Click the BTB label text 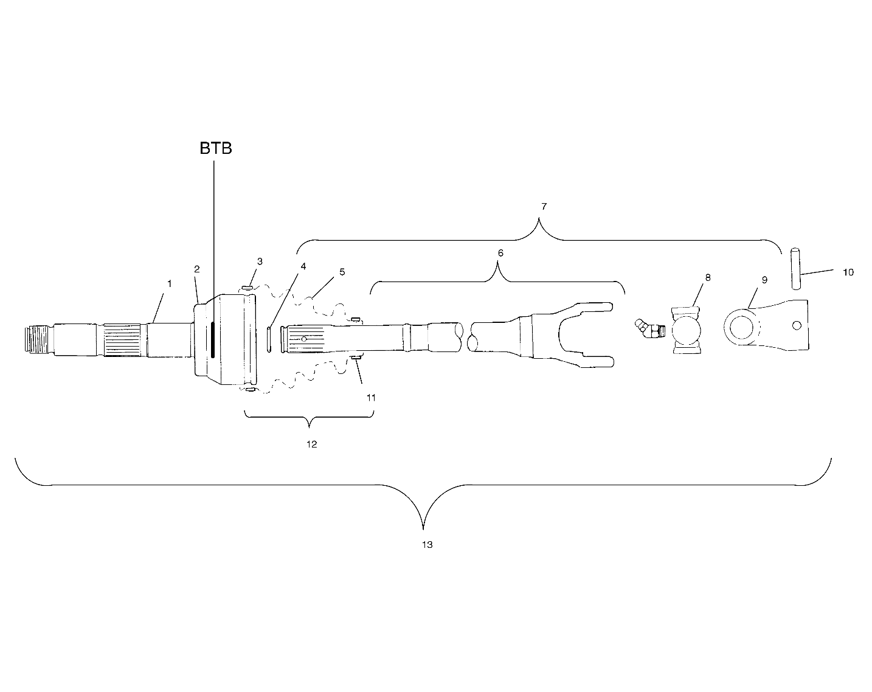pos(216,149)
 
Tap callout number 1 pos(170,284)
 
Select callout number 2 pos(197,269)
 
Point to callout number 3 pos(260,261)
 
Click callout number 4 pos(303,266)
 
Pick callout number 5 pos(342,272)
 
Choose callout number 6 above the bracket pos(500,253)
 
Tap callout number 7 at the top pos(544,207)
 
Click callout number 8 pos(708,277)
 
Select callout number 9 pos(764,280)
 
